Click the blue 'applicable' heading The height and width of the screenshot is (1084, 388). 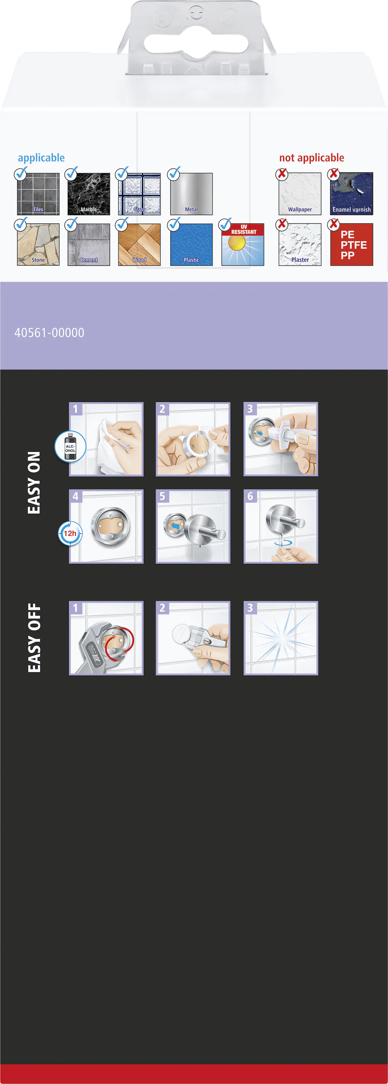point(41,158)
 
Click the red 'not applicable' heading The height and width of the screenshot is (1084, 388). point(312,158)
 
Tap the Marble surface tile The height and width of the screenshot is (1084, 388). point(88,194)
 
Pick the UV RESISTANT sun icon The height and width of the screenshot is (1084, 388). point(243,244)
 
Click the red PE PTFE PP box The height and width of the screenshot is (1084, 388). point(352,244)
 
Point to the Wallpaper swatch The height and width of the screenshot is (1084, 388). point(300,194)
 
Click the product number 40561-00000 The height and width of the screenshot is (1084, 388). point(49,333)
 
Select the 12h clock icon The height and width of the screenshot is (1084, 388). point(70,533)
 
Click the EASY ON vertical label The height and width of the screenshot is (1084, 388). point(34,483)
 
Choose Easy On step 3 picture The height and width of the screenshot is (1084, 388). point(281,439)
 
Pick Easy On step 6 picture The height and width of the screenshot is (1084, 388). point(281,526)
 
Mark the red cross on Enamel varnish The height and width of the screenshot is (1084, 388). point(334,173)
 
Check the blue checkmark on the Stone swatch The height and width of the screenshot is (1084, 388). point(21,223)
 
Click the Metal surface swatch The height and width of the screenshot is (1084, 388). point(191,194)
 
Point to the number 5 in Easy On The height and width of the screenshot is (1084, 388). point(162,496)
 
